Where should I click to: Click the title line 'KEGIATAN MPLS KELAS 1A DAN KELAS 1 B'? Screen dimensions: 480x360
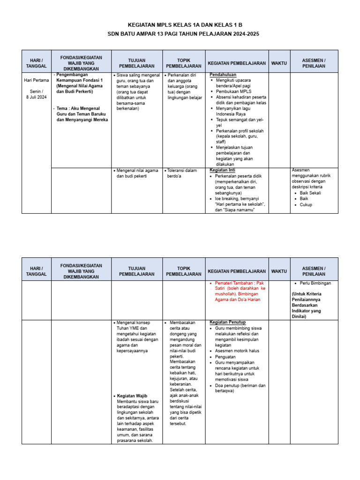pos(180,25)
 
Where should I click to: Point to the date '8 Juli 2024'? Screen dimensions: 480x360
pos(36,97)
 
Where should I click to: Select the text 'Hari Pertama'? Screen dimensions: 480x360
pos(36,80)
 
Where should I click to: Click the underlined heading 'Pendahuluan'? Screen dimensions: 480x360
pos(223,75)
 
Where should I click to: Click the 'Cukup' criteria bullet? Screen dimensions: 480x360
pos(306,204)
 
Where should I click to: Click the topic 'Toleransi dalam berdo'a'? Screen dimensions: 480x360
pos(182,173)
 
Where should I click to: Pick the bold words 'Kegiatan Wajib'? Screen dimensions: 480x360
pos(132,396)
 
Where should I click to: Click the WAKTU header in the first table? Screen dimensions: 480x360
pos(279,63)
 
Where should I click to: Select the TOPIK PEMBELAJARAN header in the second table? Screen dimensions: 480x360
pos(184,271)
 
